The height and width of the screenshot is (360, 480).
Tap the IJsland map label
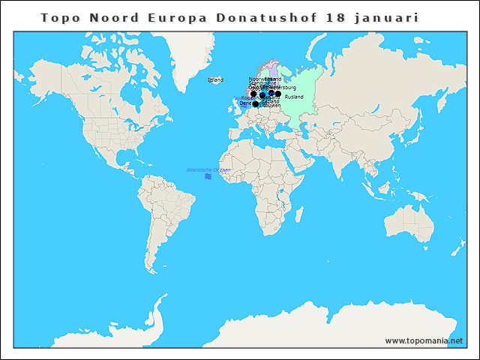(x=215, y=79)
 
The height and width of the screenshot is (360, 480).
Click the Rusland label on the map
(x=294, y=97)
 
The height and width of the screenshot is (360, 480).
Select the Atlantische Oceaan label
(x=208, y=170)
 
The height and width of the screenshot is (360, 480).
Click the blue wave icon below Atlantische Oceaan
(x=208, y=177)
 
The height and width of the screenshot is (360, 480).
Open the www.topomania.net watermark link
(x=424, y=340)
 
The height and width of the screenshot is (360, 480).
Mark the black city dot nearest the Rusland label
(x=278, y=94)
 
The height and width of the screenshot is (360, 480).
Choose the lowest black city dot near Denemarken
(x=256, y=104)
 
